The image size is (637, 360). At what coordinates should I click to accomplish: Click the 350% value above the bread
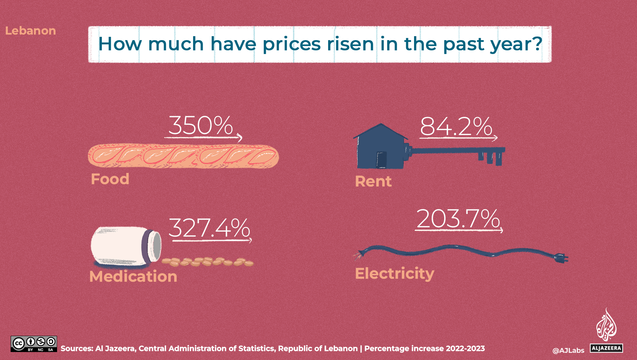coord(201,126)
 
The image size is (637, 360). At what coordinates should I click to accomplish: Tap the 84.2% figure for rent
coord(456,127)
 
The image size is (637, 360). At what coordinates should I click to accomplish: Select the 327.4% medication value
coord(209,228)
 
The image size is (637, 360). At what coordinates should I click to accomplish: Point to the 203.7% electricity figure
coord(458,219)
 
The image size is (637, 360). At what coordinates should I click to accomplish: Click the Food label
coord(110,179)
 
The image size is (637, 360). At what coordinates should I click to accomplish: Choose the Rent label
coord(373,181)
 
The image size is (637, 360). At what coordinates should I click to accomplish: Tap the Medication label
coord(133,276)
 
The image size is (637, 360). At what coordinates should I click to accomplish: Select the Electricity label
coord(394,274)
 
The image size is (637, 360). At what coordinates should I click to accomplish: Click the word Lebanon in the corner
coord(31,31)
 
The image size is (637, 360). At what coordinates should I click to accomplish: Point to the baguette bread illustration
coord(183,156)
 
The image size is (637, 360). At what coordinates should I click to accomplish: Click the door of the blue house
coord(382,160)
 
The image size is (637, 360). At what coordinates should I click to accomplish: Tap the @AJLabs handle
coord(568,351)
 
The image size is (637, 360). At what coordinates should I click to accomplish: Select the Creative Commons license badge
coord(34,344)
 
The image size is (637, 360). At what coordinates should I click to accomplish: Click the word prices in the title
coord(292,44)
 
